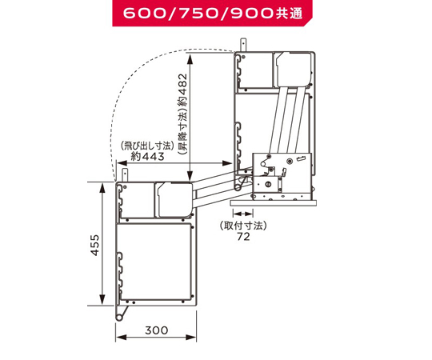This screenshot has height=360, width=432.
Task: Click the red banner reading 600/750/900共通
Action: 212,13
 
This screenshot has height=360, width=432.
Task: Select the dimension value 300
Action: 157,330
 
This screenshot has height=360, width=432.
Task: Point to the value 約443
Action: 147,156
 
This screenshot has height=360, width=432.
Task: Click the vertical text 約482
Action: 182,90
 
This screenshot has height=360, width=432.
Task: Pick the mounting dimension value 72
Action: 243,237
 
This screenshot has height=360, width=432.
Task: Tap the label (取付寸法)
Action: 243,226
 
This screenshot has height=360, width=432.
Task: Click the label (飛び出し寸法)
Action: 147,146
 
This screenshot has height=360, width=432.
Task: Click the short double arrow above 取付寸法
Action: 242,214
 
